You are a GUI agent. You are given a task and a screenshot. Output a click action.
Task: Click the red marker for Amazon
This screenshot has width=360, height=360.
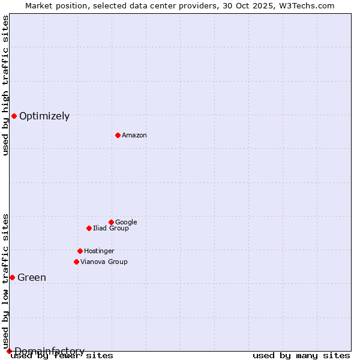[118, 135]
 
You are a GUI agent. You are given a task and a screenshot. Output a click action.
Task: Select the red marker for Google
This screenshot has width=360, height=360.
[111, 222]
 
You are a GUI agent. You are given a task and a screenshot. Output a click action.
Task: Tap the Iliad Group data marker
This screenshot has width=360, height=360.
[89, 228]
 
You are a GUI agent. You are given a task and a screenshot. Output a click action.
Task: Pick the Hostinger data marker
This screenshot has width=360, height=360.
[80, 251]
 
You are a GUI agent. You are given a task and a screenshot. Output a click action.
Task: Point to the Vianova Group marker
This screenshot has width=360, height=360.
[76, 262]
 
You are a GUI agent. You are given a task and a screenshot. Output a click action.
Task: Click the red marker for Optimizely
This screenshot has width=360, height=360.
[14, 116]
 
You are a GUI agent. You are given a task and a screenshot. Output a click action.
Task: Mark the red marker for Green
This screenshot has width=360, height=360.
[12, 277]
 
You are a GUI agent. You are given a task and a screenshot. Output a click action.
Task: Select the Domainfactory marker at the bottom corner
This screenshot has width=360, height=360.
[9, 351]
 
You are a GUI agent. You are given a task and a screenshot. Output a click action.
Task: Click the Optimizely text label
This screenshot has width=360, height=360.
[44, 116]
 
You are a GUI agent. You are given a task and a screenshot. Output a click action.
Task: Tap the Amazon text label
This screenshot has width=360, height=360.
[134, 136]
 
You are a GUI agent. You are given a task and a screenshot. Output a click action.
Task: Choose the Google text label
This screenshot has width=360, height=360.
[126, 223]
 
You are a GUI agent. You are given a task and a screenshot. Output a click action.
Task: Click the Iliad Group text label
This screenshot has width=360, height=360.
[111, 229]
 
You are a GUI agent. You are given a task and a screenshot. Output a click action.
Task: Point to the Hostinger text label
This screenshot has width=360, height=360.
[99, 251]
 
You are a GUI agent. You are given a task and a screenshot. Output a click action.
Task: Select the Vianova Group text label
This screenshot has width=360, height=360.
[104, 262]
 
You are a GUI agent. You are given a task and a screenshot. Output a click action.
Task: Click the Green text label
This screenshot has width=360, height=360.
[32, 278]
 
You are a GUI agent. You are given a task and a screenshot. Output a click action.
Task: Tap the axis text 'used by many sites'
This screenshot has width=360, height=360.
[301, 356]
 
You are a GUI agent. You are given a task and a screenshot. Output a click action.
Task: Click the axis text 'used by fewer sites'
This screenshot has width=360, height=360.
[62, 356]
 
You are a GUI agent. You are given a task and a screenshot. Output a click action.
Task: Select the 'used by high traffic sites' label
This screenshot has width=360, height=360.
[5, 85]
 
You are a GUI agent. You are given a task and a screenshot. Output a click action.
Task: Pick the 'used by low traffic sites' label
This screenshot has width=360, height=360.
[5, 281]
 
